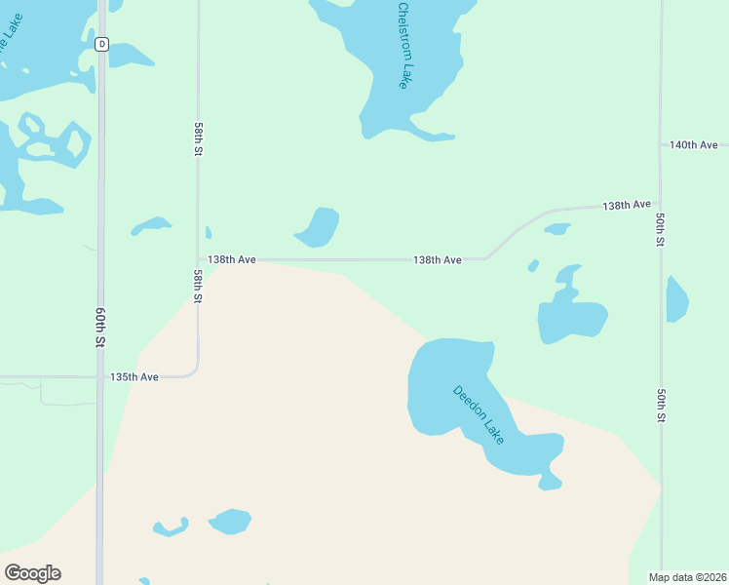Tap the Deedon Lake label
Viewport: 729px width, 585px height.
(479, 415)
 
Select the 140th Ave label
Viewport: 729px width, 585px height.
(693, 145)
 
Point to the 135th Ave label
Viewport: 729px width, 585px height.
(134, 376)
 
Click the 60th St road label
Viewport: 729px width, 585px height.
(100, 326)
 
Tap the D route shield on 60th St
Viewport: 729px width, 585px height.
(101, 44)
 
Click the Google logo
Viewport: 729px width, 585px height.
(32, 573)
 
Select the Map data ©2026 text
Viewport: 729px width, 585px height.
(687, 577)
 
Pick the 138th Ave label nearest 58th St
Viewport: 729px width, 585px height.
(232, 260)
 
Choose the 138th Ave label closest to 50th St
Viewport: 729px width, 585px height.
(626, 206)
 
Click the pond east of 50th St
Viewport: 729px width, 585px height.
(677, 299)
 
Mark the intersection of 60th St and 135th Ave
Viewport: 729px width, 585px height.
(100, 376)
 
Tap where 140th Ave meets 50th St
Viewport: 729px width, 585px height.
(661, 145)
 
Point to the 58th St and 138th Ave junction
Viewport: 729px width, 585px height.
(198, 260)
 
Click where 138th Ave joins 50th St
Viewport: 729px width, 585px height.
(661, 205)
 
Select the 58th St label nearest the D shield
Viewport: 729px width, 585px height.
(198, 139)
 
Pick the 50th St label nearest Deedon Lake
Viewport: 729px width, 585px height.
(661, 405)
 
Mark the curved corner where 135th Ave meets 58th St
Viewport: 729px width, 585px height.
(194, 371)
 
